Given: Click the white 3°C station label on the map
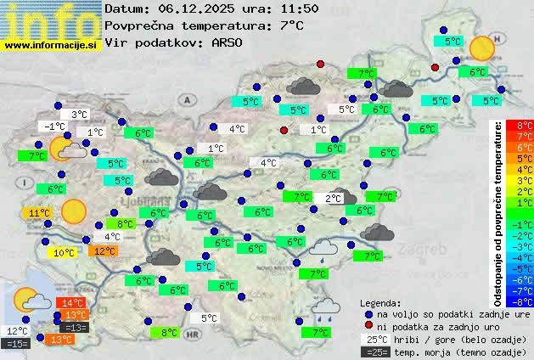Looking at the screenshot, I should click(80, 115).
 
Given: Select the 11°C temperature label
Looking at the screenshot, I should click(36, 213).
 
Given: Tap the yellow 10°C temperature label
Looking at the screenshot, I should click(63, 253).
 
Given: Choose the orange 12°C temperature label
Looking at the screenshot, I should click(104, 251).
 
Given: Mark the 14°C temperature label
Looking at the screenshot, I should click(70, 303).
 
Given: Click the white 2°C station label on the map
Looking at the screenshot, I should click(334, 199).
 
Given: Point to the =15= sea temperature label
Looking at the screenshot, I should click(16, 344).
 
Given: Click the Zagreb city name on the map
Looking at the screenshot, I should click(425, 251).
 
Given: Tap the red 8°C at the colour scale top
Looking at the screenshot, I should click(525, 126).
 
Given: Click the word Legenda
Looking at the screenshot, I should click(380, 303).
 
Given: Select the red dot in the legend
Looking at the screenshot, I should click(368, 326).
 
